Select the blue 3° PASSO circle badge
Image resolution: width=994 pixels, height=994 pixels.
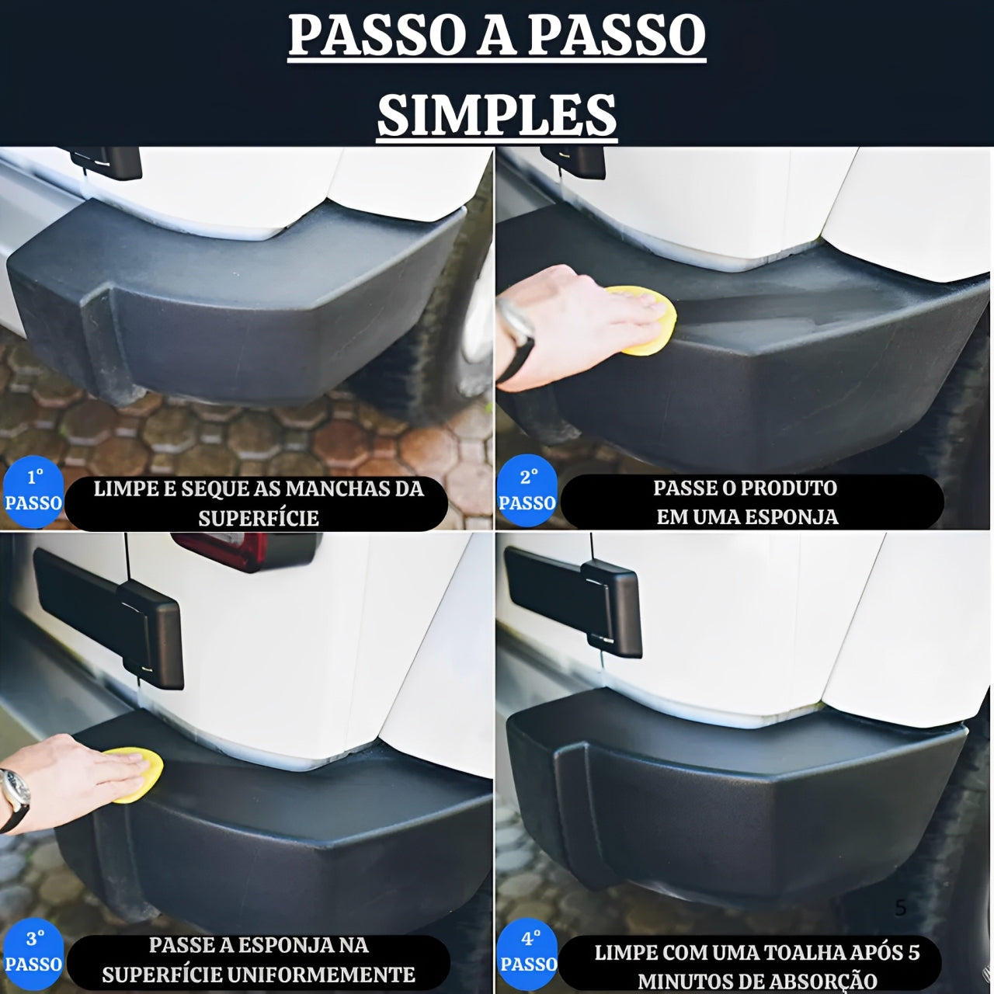pos(33,952)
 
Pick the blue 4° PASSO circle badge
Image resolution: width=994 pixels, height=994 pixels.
pos(528,952)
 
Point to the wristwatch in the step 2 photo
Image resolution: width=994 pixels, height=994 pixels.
pos(516,326)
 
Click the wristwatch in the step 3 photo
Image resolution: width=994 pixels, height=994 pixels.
pos(16,788)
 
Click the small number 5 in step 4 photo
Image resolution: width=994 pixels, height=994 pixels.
pos(901,908)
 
